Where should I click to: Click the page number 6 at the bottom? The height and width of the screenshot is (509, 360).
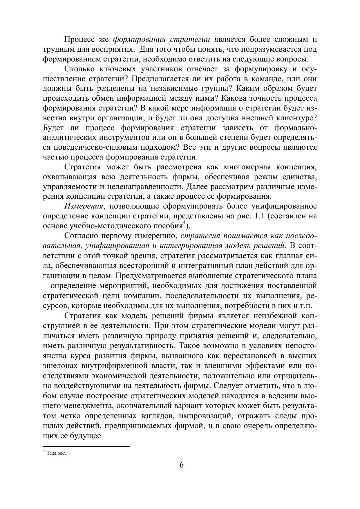pyautogui.click(x=182, y=465)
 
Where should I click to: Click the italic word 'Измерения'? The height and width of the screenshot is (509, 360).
pyautogui.click(x=84, y=206)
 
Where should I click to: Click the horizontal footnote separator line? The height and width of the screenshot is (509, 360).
pyautogui.click(x=86, y=447)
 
